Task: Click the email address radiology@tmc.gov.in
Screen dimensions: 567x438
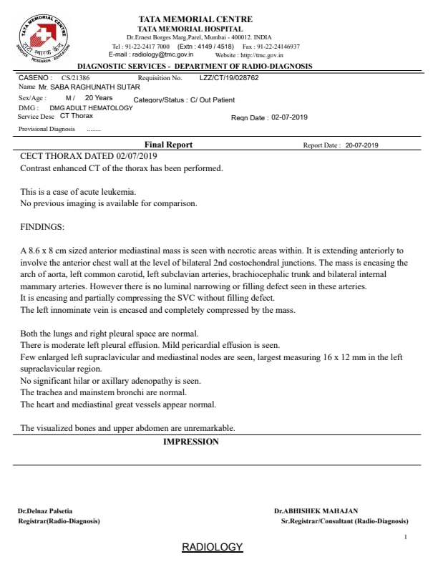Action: point(152,54)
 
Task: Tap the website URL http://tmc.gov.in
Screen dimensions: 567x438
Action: point(262,54)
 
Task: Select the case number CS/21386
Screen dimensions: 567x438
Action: point(75,77)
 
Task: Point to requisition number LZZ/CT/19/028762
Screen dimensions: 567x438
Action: point(228,77)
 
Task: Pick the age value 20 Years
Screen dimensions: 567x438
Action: point(99,97)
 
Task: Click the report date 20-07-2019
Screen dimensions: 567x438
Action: point(361,145)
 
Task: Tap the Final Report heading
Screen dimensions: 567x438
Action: point(168,145)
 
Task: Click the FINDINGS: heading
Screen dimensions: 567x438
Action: point(42,227)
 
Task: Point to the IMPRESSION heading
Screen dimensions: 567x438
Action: point(190,442)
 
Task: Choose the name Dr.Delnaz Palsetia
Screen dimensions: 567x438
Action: point(45,511)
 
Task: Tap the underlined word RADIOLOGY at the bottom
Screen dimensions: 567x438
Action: point(213,547)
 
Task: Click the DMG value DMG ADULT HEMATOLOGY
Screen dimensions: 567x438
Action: point(91,108)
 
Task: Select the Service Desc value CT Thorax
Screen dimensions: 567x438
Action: point(77,115)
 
